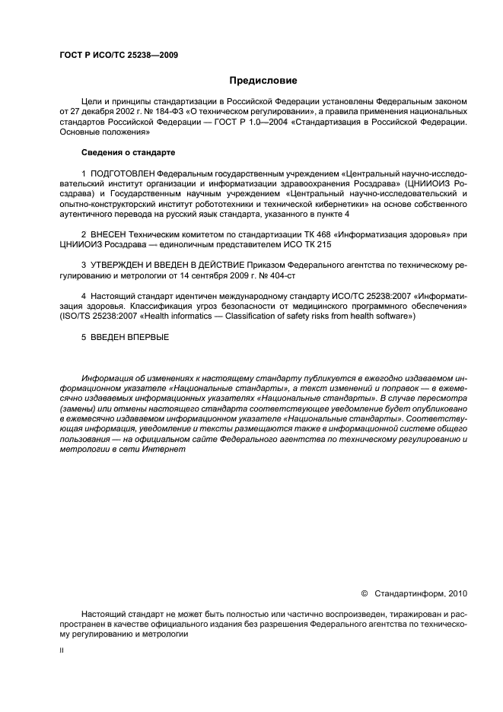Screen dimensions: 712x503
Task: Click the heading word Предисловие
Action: tap(263, 80)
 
